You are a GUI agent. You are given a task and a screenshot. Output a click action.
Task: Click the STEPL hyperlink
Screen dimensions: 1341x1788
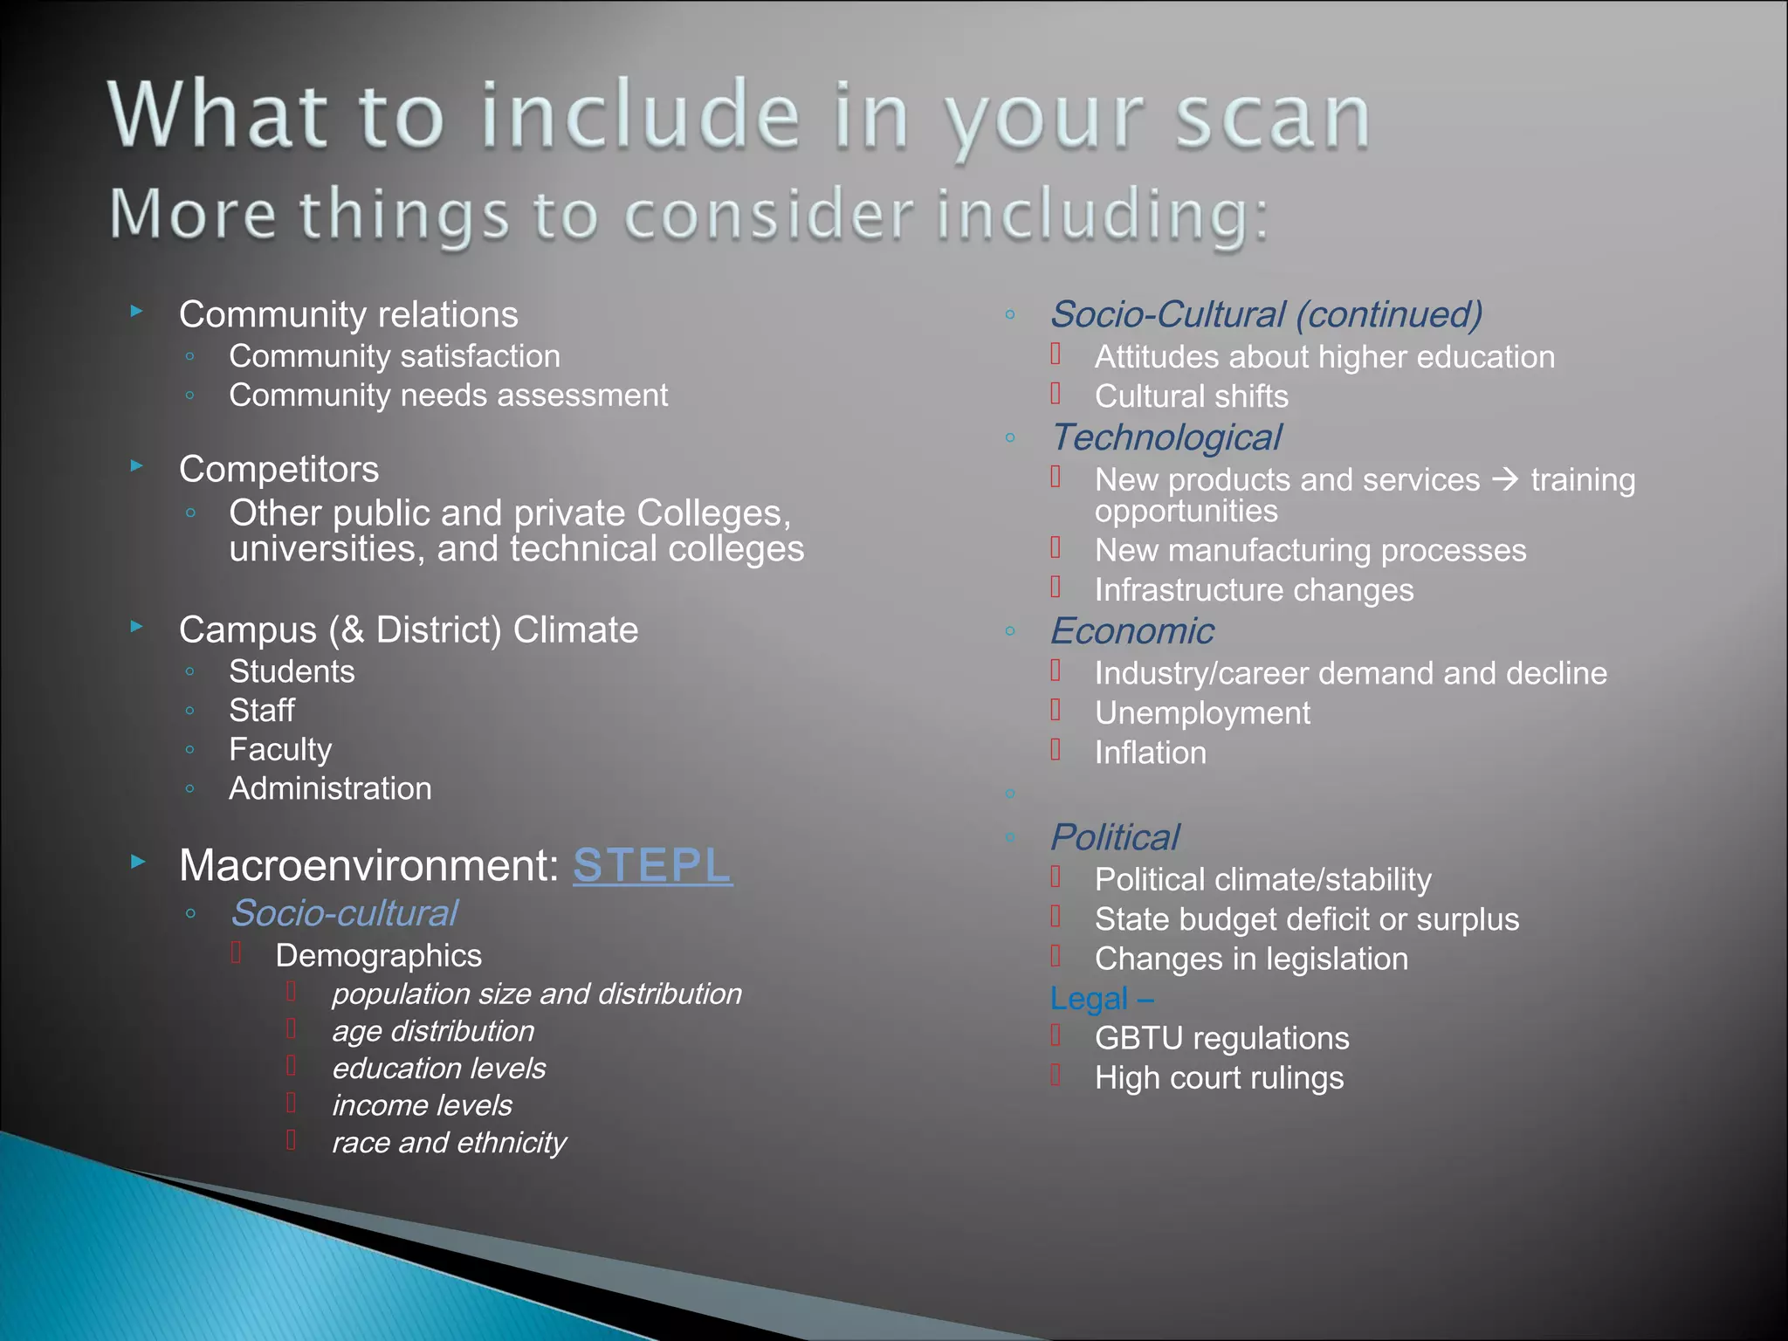pyautogui.click(x=652, y=865)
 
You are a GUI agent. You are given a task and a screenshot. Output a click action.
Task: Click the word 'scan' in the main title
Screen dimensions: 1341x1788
pyautogui.click(x=1272, y=118)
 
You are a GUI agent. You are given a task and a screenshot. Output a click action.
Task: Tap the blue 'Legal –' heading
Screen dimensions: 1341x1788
pyautogui.click(x=1101, y=999)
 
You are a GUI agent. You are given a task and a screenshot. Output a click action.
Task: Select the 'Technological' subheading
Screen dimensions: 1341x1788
pyautogui.click(x=1166, y=437)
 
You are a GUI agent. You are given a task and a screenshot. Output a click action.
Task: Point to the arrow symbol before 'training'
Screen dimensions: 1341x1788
pyautogui.click(x=1505, y=479)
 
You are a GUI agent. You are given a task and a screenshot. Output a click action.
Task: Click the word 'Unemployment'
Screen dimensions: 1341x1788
pyautogui.click(x=1202, y=713)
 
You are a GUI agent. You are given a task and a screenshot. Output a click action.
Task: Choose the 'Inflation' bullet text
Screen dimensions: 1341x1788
pyautogui.click(x=1150, y=753)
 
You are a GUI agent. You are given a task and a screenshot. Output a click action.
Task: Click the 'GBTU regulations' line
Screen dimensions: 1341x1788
pyautogui.click(x=1221, y=1038)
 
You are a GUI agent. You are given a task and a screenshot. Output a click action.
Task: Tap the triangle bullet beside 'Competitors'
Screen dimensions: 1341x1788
pyautogui.click(x=137, y=466)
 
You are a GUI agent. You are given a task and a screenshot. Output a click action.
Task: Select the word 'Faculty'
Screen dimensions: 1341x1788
pyautogui.click(x=280, y=749)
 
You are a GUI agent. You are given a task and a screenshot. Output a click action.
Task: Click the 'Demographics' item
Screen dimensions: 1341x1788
pyautogui.click(x=378, y=955)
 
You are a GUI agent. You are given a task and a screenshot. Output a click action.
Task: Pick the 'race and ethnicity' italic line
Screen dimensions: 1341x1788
pyautogui.click(x=449, y=1142)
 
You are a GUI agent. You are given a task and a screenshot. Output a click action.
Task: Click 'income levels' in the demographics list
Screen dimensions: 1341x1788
pyautogui.click(x=422, y=1105)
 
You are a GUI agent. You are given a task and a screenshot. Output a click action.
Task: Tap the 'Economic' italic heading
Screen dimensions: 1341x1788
pyautogui.click(x=1131, y=631)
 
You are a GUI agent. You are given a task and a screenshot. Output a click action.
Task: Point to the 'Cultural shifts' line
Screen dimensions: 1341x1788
pyautogui.click(x=1191, y=396)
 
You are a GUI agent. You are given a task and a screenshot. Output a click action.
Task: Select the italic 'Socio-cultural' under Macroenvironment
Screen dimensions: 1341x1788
pyautogui.click(x=343, y=913)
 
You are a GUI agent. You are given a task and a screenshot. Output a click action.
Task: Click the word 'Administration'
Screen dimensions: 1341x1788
pyautogui.click(x=330, y=788)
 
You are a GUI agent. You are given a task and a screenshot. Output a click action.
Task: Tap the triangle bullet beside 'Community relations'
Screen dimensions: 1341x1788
pyautogui.click(x=137, y=311)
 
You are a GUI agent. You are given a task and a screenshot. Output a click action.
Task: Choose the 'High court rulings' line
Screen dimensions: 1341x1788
pyautogui.click(x=1219, y=1078)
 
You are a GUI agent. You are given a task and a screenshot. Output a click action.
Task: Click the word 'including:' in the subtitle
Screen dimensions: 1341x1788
pyautogui.click(x=1103, y=215)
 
